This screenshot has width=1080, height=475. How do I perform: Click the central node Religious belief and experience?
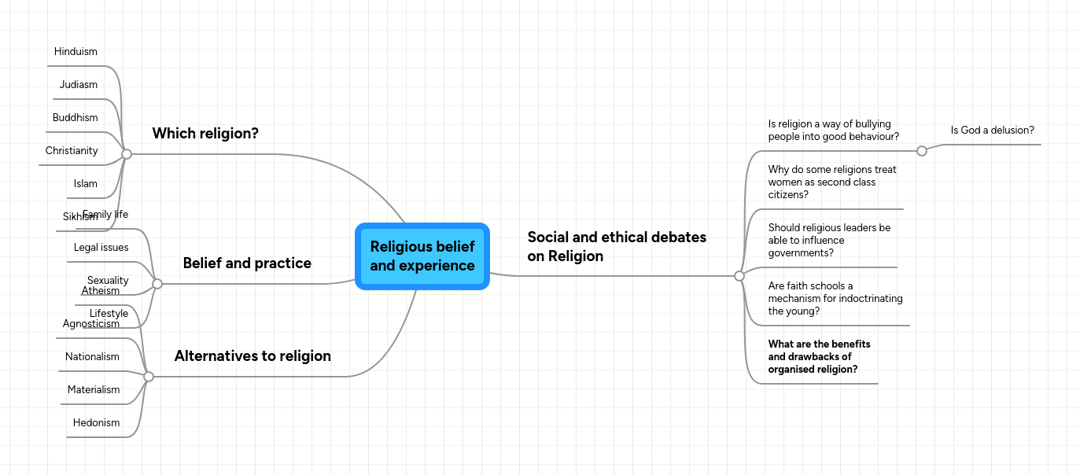coord(422,256)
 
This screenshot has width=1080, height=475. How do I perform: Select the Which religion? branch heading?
coord(205,134)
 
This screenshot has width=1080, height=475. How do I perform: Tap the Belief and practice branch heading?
coord(247,263)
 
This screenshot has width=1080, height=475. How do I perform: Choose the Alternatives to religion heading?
coord(252,356)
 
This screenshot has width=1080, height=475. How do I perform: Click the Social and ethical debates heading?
coord(617,246)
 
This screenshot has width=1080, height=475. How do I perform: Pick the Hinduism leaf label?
coord(76,52)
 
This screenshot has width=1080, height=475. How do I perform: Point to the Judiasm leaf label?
coord(79,85)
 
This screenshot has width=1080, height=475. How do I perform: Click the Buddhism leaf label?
coord(76,118)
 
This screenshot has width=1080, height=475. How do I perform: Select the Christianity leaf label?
coord(72,151)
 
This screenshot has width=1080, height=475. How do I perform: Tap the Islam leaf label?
coord(86,184)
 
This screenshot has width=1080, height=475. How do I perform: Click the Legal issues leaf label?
coord(101,248)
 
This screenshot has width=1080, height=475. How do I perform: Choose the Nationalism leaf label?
coord(92,357)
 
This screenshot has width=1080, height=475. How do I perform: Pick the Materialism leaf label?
coord(94,390)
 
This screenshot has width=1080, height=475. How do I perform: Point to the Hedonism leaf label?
coord(97,423)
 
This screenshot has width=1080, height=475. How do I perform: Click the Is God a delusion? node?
coord(992,131)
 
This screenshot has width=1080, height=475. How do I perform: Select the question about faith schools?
coord(835,299)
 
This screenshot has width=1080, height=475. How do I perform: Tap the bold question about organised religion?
coord(819,357)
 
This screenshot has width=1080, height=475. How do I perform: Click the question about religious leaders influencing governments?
coord(829,241)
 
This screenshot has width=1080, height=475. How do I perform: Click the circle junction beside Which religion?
coord(127,154)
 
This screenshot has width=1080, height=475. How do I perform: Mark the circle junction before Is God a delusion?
coord(922,151)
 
